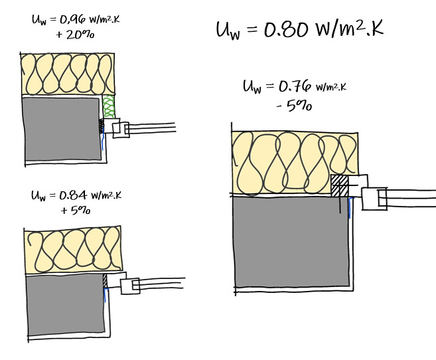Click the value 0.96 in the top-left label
coord(72,20)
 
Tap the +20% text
coord(75,35)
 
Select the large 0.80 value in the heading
coord(286,29)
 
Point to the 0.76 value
coord(295,86)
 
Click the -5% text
coord(294,106)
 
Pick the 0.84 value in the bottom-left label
coord(73,195)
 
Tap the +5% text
coord(76,211)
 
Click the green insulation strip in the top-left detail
coord(108,106)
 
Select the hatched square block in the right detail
coord(340,185)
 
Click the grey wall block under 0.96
coord(62,129)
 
